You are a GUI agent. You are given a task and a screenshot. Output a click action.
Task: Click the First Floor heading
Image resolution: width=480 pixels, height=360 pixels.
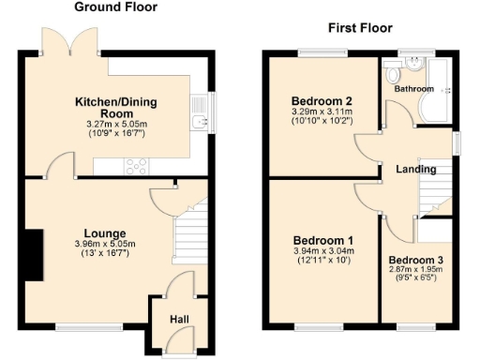(x=359, y=28)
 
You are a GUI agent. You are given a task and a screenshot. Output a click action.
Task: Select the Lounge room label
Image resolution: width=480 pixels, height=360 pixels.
(x=105, y=233)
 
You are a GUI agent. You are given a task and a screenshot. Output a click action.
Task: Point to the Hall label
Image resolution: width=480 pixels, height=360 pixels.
(x=179, y=321)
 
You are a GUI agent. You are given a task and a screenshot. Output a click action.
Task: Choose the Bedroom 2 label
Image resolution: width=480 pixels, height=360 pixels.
(x=321, y=101)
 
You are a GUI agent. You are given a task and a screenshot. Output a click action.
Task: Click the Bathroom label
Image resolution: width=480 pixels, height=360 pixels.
(x=413, y=89)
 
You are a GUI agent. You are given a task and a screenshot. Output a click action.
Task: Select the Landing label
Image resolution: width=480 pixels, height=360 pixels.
(x=415, y=170)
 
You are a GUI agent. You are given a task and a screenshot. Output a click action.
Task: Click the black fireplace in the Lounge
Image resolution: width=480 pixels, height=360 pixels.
(x=35, y=254)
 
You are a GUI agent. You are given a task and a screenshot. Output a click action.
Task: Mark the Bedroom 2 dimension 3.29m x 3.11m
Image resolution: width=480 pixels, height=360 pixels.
(x=321, y=112)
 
